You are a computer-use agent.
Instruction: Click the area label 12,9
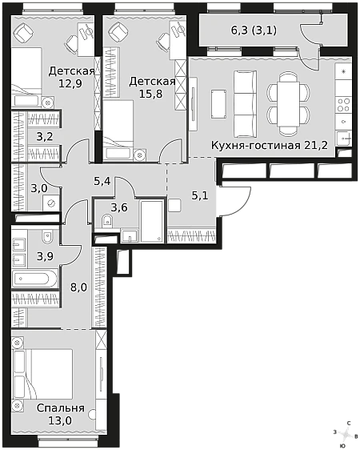tap(70, 83)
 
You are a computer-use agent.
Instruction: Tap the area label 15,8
tap(150, 94)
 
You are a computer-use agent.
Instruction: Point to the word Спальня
tap(61, 408)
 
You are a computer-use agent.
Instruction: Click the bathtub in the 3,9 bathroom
tap(34, 278)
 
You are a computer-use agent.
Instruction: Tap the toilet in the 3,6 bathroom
tap(107, 221)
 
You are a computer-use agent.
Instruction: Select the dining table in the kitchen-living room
tap(288, 103)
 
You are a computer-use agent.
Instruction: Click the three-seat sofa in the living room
tap(245, 103)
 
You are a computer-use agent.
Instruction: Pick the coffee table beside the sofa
tap(218, 103)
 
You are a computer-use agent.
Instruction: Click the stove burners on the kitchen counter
tap(343, 105)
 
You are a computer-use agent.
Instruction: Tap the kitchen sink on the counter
tap(344, 139)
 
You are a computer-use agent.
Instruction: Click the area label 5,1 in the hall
tap(200, 196)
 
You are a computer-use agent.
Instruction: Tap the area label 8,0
tap(78, 287)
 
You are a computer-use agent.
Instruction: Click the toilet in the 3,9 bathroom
tap(47, 236)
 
